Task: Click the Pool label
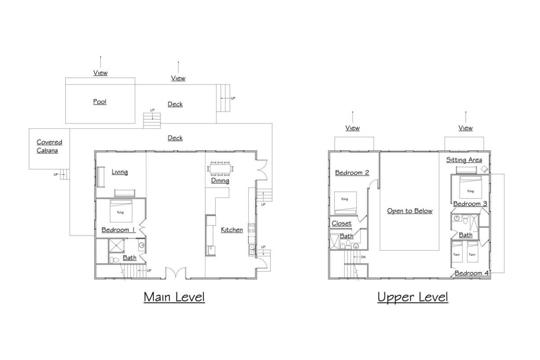click(x=99, y=102)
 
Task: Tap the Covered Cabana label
click(x=49, y=146)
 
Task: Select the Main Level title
click(x=174, y=297)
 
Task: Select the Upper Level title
click(x=413, y=297)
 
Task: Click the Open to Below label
click(x=409, y=211)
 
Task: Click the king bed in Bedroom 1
click(x=121, y=211)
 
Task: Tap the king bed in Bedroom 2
click(x=345, y=203)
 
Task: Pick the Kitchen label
click(x=232, y=230)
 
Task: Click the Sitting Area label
click(x=464, y=160)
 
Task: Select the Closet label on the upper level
click(x=342, y=223)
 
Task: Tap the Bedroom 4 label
click(x=472, y=273)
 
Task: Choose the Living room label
click(x=120, y=172)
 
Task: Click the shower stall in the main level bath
click(x=117, y=246)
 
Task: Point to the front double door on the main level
click(x=176, y=273)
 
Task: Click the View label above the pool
click(x=100, y=72)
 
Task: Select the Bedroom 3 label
click(x=470, y=204)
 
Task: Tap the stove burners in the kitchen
click(x=252, y=228)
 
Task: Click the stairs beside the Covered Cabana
click(x=65, y=174)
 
